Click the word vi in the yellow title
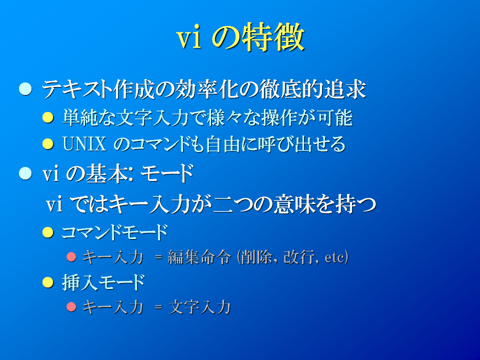click(x=189, y=38)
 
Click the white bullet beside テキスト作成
click(x=25, y=89)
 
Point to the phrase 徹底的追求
click(x=312, y=89)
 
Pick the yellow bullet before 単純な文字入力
click(x=48, y=117)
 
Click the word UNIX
click(x=84, y=144)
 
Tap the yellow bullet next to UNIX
click(x=48, y=143)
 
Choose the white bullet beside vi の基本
click(x=25, y=173)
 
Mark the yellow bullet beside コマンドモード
click(x=48, y=232)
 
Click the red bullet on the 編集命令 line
click(x=71, y=256)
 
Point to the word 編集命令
click(x=199, y=257)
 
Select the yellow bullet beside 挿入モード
click(x=48, y=282)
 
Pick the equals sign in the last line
click(x=158, y=307)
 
